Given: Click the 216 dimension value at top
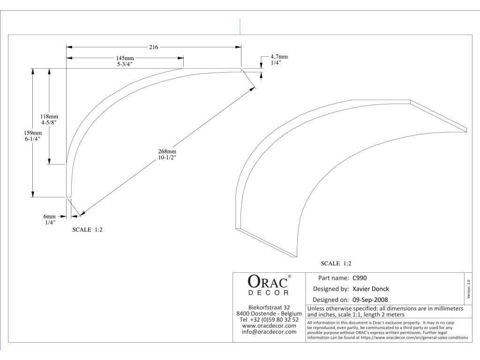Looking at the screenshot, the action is coord(153,47).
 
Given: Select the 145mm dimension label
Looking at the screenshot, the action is coord(124,57).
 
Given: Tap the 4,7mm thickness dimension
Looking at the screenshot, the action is coord(279,57).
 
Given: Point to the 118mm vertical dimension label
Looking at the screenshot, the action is coord(49,116).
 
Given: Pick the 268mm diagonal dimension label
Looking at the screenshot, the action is coord(167,151).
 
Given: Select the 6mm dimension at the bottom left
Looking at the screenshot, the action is coord(50,216).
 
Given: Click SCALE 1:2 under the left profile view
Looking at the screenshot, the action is coord(87,230).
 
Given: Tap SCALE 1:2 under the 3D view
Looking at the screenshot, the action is coord(336,263).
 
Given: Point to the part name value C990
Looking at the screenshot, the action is coord(360,277).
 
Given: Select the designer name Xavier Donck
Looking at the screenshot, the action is coord(370,289).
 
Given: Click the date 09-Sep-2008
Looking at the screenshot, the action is coord(370,300).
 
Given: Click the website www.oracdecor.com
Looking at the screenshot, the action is coord(269,326).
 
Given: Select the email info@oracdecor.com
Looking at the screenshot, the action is coord(269,332).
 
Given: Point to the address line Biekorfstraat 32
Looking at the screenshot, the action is coord(269,307).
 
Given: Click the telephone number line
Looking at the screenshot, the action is coord(269,320).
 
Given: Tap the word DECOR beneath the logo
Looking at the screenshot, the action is coord(268,293).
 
